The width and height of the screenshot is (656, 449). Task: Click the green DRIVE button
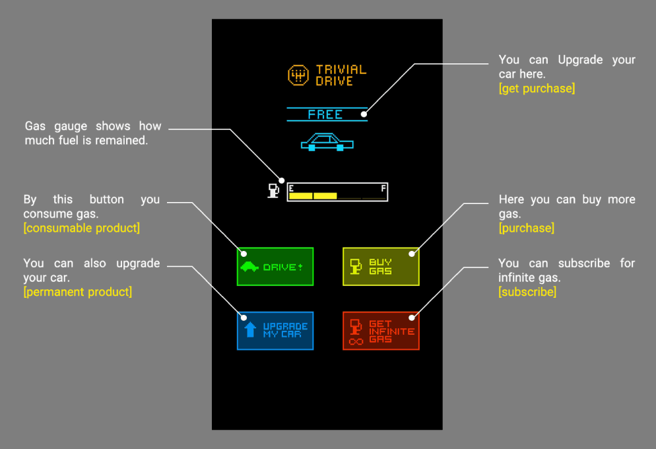pos(275,267)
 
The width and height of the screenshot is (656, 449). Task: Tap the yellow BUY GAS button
pos(381,267)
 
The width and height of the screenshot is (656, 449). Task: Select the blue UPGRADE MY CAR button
pos(275,330)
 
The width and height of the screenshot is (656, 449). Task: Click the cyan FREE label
pos(326,114)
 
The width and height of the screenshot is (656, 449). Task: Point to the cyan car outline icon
pos(327,141)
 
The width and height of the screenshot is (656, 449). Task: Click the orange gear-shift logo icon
pos(298,75)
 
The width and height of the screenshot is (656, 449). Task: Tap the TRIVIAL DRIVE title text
pos(341,75)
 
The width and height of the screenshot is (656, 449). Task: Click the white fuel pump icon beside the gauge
pos(273,191)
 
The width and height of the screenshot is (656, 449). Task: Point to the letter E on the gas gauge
pos(292,189)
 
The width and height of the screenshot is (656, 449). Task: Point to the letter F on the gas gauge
pos(383,189)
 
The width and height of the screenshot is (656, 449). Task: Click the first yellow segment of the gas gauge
pos(300,196)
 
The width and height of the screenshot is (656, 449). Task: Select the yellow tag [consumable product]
pos(81,228)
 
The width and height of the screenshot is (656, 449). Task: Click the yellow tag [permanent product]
pos(77,292)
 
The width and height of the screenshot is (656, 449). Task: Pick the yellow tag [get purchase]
pos(537,88)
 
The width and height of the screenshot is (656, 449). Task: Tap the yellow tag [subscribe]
pos(527,292)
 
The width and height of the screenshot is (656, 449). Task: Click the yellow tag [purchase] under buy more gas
pos(526,228)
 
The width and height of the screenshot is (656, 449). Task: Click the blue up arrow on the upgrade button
pos(250,330)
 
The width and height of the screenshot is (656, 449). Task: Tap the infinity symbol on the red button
pos(356,341)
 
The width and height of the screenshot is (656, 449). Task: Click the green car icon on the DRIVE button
pos(249,267)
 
